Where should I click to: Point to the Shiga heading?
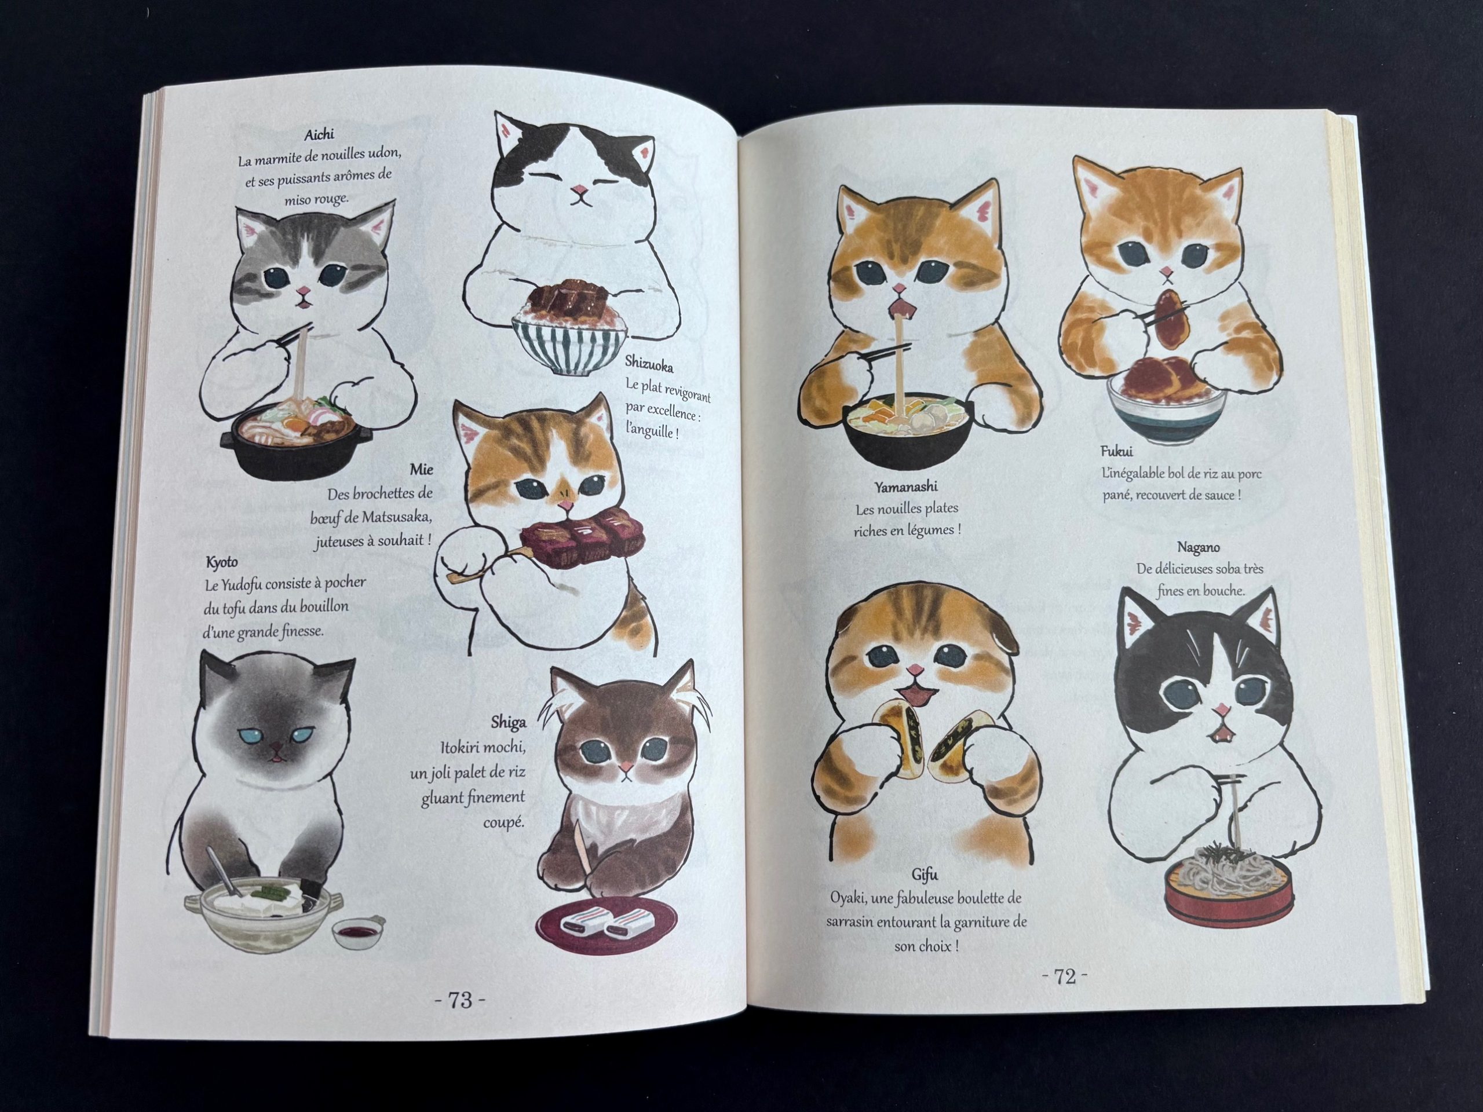[508, 722]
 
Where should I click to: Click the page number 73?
[461, 1019]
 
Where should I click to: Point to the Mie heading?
[421, 469]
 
